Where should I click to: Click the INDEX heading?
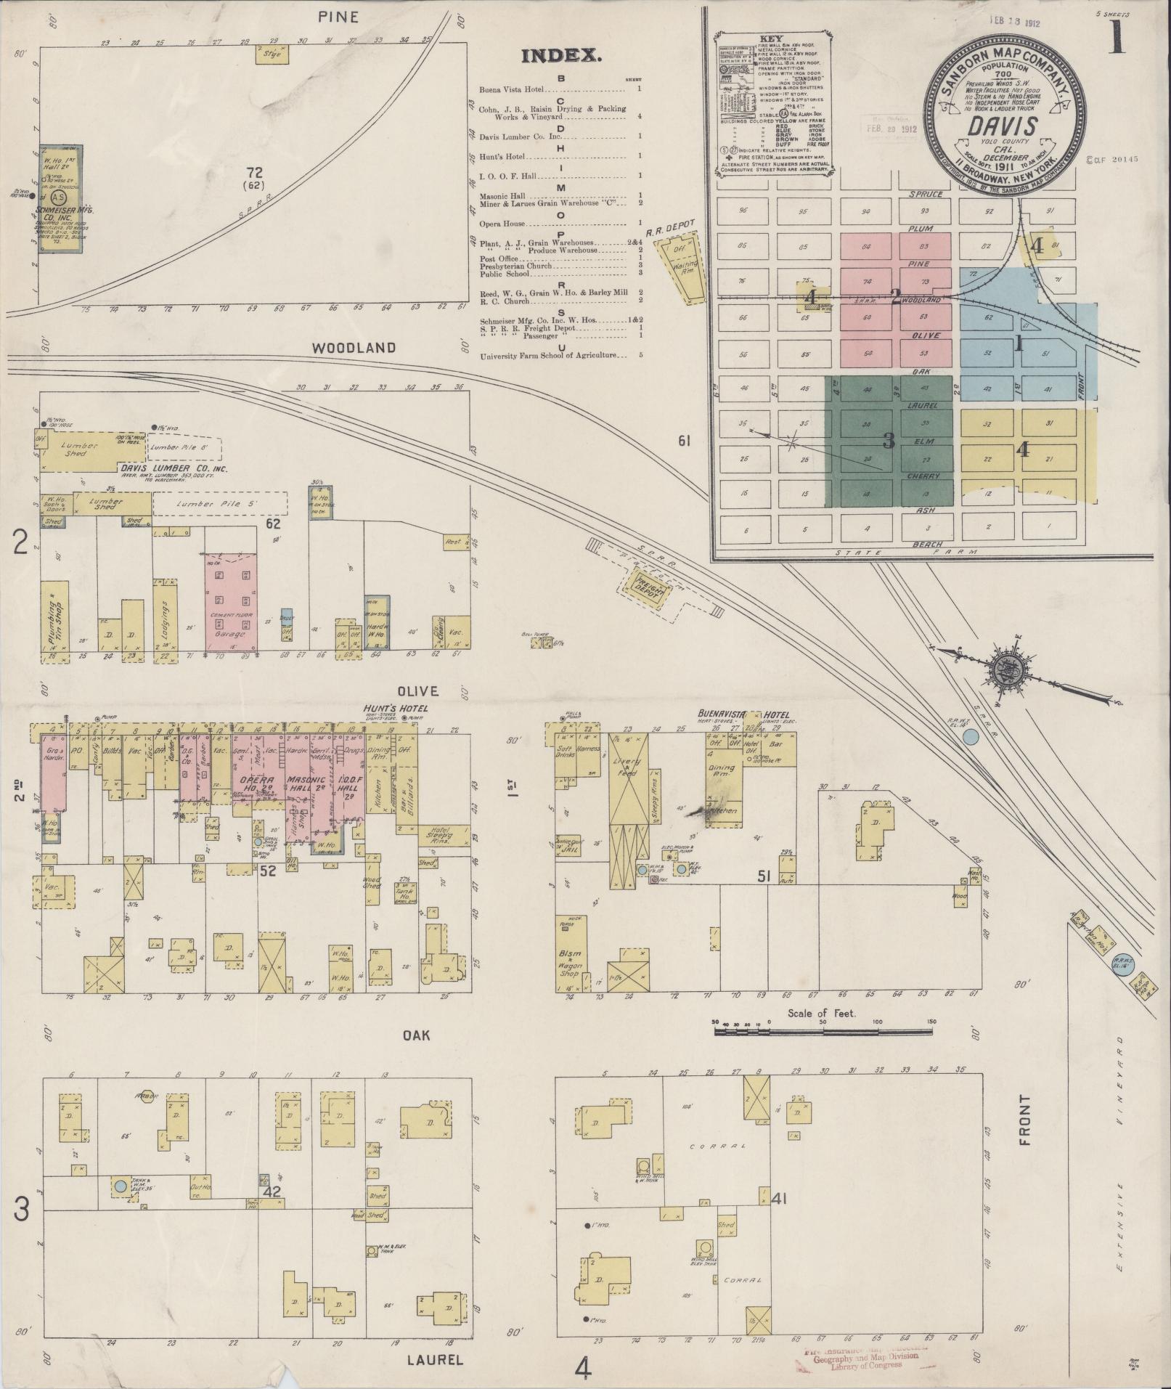560,56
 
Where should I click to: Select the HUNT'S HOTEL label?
398,708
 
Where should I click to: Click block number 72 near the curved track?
253,173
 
